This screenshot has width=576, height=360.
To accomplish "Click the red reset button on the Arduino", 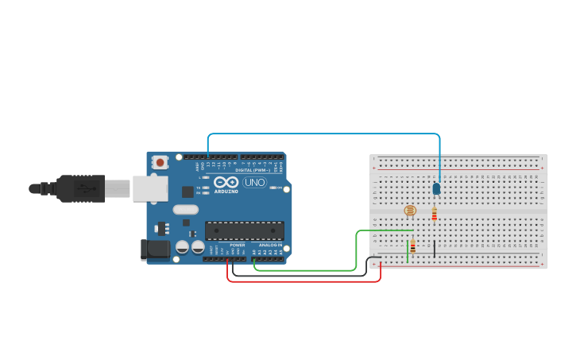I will (160, 162).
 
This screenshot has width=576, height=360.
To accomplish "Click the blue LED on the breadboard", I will (436, 188).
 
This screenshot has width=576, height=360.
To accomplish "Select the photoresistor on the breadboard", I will (410, 211).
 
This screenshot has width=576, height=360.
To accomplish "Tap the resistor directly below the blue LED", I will (434, 214).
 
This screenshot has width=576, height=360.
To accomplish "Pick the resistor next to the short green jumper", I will (413, 246).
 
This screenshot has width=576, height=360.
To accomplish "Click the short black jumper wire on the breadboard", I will (434, 249).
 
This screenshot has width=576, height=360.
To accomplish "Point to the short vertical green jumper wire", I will (408, 252).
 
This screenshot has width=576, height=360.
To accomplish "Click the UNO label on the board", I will (254, 182).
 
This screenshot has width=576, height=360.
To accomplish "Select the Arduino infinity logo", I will (226, 181).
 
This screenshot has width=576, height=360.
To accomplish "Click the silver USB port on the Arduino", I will (150, 188).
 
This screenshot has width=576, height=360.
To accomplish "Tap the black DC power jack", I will (155, 250).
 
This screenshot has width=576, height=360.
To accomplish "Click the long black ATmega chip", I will (244, 230).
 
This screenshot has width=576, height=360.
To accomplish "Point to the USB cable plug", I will (80, 188).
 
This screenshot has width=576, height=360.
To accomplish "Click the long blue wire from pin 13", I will (318, 134).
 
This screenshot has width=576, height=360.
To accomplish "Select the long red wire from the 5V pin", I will (302, 281).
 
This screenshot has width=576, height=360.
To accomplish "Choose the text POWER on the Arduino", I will (238, 245).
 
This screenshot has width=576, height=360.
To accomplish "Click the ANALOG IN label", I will (269, 245).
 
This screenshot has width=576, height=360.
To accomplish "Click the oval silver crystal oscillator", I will (184, 210).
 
